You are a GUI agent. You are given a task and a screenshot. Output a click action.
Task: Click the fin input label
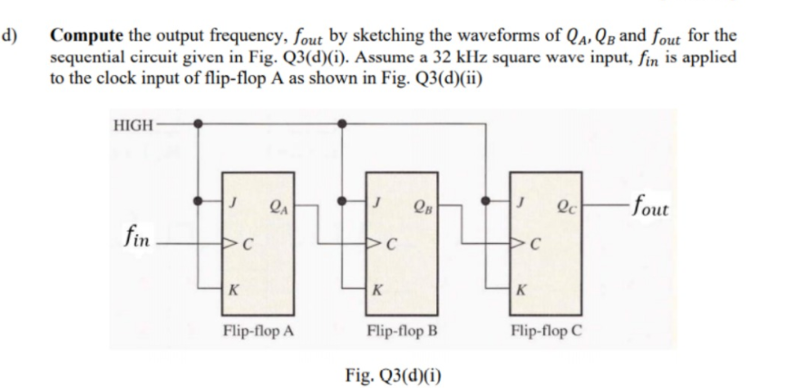tap(135, 241)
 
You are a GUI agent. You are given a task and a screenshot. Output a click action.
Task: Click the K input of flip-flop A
tap(234, 292)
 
